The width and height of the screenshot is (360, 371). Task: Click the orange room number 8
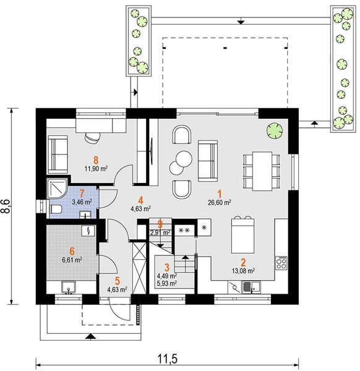click(96, 160)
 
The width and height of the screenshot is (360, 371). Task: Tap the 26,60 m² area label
click(220, 203)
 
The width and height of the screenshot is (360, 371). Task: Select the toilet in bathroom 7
click(56, 210)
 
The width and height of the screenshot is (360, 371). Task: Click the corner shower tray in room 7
click(58, 189)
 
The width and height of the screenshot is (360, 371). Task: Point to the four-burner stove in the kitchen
click(281, 263)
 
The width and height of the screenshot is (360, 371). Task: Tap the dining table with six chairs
click(262, 171)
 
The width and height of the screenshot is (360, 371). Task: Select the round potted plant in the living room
click(275, 130)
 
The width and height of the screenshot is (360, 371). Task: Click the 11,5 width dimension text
click(167, 359)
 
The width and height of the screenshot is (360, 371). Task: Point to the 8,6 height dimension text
click(6, 206)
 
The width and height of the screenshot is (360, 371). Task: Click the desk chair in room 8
click(92, 138)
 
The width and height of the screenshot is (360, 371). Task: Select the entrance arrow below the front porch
click(90, 337)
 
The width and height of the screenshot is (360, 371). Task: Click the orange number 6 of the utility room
click(72, 251)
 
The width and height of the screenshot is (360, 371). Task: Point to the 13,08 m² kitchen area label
click(243, 271)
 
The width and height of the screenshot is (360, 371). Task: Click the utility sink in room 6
click(69, 287)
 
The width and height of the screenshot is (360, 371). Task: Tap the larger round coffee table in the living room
click(184, 159)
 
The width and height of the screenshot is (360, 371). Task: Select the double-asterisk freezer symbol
click(184, 230)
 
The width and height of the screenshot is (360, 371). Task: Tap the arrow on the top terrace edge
click(241, 22)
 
